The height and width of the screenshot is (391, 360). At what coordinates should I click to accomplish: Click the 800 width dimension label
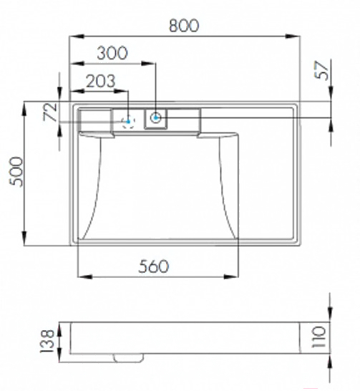tap(184, 26)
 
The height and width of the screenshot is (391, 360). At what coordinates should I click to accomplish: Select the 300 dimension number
tap(112, 53)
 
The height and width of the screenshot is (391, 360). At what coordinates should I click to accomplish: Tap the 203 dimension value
tap(101, 81)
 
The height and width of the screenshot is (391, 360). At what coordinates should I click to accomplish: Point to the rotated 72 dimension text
tap(50, 112)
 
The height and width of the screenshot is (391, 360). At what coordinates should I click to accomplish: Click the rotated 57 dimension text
tap(321, 70)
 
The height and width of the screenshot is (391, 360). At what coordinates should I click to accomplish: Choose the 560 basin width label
tap(153, 266)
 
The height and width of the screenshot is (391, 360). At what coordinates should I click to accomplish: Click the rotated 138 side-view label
tap(47, 342)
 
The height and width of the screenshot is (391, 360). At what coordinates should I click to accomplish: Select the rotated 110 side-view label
tap(318, 337)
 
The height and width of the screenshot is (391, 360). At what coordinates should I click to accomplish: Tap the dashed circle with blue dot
tap(128, 122)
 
